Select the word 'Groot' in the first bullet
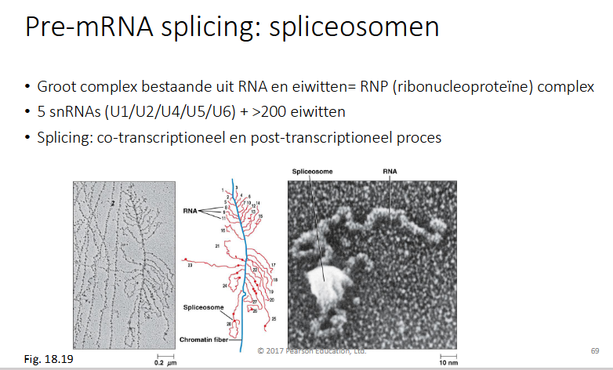coord(56,86)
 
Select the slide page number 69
coord(594,350)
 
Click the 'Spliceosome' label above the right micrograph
coord(310,170)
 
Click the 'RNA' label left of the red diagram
coord(189,210)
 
